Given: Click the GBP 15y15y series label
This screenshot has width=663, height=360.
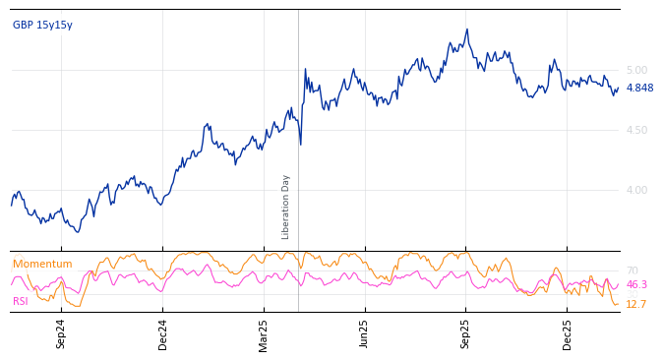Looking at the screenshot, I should [x=42, y=26].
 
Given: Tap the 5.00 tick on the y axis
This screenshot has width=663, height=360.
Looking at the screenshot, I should [x=636, y=71].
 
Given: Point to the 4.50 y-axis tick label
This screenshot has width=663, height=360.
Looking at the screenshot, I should [x=636, y=131].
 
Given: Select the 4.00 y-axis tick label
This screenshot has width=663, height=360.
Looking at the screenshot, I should [x=636, y=191].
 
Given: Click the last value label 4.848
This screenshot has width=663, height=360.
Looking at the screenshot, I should [x=639, y=89].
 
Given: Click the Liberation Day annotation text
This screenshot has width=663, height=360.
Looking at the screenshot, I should [x=286, y=207].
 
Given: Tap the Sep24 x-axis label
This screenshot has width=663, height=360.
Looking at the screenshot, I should [x=61, y=334].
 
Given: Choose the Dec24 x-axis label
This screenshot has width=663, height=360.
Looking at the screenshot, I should [x=163, y=334].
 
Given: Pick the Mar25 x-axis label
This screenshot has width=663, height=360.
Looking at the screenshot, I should [x=264, y=334].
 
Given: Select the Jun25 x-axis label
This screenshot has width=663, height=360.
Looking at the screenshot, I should [x=365, y=334].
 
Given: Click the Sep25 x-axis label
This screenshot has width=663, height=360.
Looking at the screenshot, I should [x=466, y=334].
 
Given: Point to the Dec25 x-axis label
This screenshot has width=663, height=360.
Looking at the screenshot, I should [x=568, y=334].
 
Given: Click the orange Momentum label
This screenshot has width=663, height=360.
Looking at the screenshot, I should [x=42, y=265].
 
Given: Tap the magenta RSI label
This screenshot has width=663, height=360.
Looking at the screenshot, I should [x=21, y=302].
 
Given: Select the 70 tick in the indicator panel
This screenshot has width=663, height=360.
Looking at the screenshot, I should [x=632, y=271].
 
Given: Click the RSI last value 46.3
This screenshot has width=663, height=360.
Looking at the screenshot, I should [x=636, y=285].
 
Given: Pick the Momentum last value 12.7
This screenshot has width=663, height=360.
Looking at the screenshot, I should [x=635, y=305].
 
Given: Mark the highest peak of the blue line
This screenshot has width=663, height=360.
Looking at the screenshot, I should [x=467, y=30].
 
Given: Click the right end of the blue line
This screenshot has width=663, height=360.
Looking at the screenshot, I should [x=619, y=88].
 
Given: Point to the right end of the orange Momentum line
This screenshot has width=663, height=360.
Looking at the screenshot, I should [x=619, y=304].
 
